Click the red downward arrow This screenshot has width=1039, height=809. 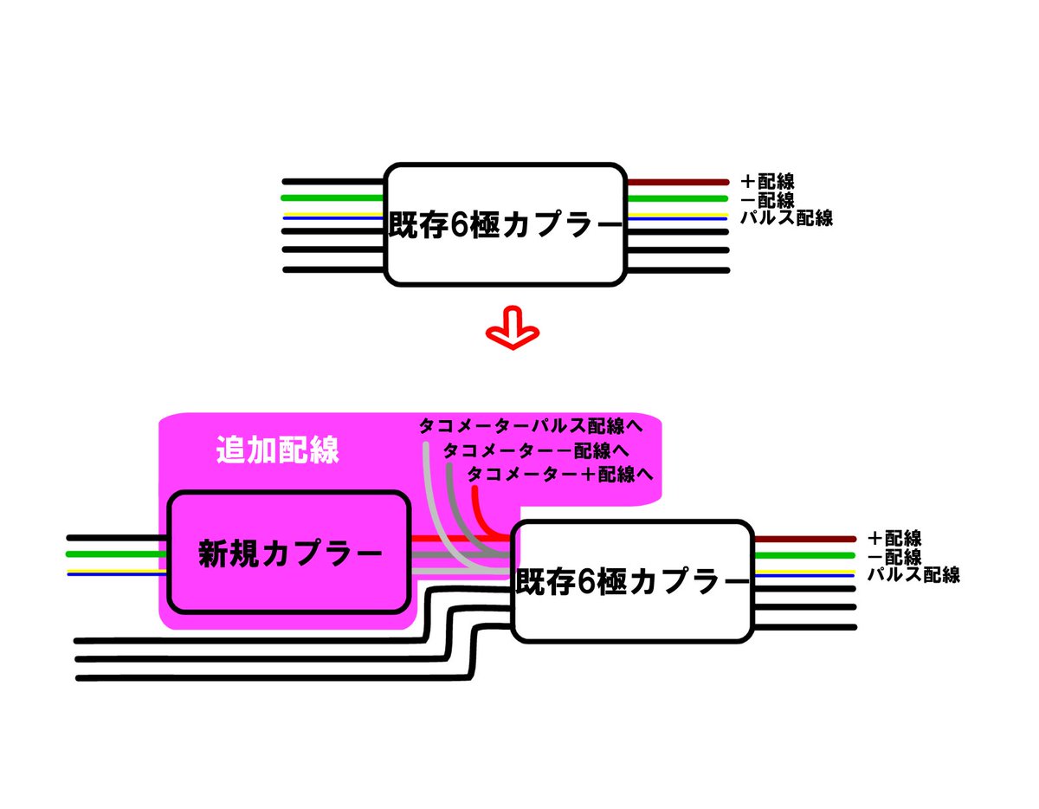[x=512, y=329]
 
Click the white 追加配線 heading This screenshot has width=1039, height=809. [x=278, y=450]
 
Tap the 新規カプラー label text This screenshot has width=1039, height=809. [x=290, y=553]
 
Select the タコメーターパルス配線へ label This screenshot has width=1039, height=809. [x=531, y=425]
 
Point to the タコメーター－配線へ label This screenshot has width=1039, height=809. [x=536, y=450]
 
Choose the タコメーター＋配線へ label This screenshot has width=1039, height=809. [x=560, y=475]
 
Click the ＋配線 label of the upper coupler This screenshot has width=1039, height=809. [x=767, y=182]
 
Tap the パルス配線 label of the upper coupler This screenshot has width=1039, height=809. [x=786, y=218]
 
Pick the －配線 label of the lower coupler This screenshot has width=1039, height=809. [x=894, y=557]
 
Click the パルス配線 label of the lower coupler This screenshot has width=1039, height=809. [x=913, y=574]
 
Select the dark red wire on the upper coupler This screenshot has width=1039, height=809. [x=678, y=182]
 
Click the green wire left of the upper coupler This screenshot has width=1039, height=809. [x=332, y=198]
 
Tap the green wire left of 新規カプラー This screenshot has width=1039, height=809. [x=117, y=554]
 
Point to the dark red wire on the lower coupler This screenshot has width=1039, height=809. [x=805, y=540]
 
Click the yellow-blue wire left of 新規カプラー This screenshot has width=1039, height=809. [x=117, y=573]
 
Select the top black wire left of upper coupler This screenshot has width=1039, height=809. [x=333, y=182]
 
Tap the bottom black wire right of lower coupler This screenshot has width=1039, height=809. [x=805, y=627]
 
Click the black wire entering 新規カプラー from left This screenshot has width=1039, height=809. [x=117, y=538]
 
